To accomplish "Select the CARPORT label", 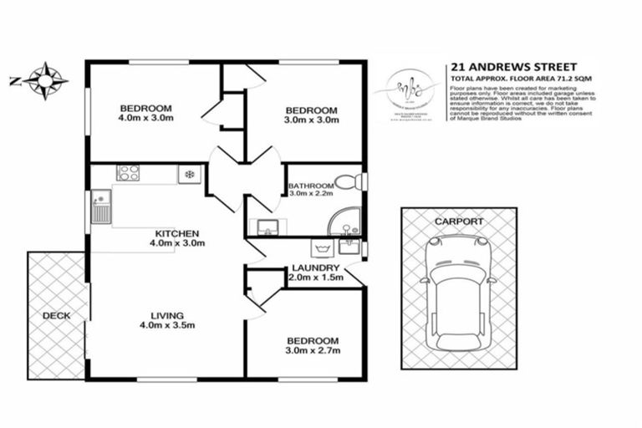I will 458,222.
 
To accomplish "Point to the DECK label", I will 56,316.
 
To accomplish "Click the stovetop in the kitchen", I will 128,174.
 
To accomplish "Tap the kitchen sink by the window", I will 100,206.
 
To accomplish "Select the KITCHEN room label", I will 176,233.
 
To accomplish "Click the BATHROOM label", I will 310,185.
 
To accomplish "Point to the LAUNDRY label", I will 315,267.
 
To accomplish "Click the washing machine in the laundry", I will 320,247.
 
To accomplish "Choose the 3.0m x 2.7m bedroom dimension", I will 313,351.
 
